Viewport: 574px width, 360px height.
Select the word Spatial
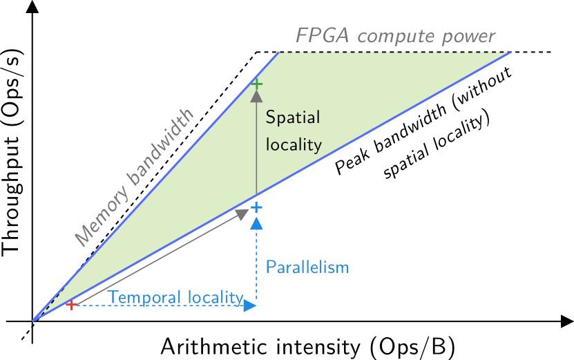293,118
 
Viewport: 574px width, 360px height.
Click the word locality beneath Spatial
294,144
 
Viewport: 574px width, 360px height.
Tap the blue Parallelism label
307,267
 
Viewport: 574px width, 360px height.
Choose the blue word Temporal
144,298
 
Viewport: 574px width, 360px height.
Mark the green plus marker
256,84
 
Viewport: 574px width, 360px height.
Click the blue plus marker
256,207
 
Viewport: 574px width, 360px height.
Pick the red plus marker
71,305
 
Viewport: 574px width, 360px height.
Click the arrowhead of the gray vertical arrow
256,95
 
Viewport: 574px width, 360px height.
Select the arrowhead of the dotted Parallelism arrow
256,222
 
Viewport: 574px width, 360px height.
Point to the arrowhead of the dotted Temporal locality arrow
250,305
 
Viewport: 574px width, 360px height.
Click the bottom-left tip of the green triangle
33,321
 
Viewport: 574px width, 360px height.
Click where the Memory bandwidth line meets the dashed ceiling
279,53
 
